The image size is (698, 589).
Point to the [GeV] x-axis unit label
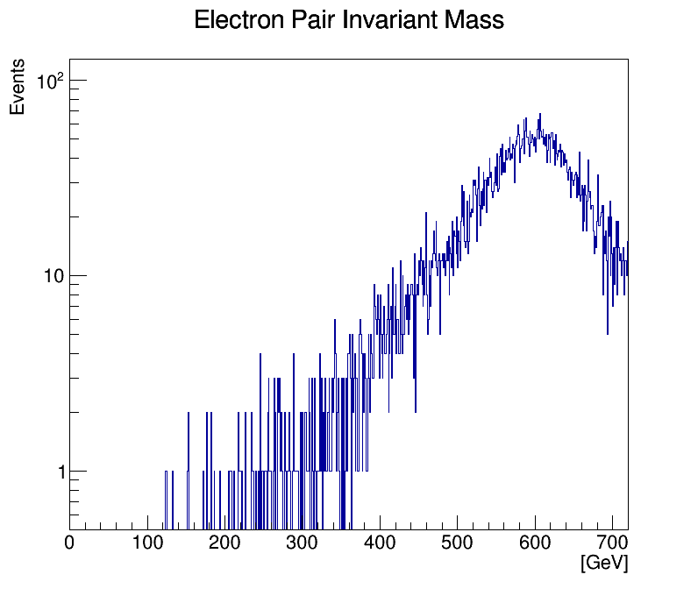[x=604, y=564]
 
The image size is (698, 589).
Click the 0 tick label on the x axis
[x=70, y=543]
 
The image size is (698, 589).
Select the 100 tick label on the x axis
[x=147, y=543]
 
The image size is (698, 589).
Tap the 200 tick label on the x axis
[x=225, y=543]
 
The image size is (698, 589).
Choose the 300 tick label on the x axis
[x=303, y=543]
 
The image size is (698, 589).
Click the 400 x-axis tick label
[x=381, y=543]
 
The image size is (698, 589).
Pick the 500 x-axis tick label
[x=458, y=543]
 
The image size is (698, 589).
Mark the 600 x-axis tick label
[x=535, y=543]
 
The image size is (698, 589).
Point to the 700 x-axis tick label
[x=613, y=543]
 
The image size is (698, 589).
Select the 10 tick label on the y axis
[x=53, y=276]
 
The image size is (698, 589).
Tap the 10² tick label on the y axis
[x=51, y=82]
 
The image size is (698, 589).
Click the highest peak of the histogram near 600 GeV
[x=540, y=114]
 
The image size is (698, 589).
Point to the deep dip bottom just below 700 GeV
[x=608, y=332]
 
